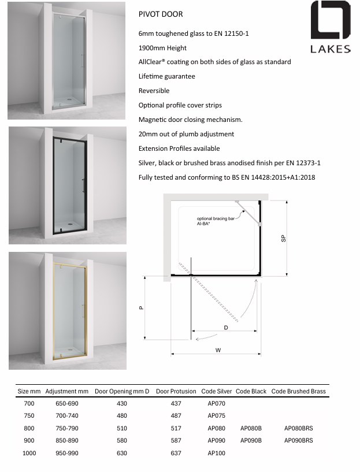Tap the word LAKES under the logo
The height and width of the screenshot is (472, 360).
coord(331,49)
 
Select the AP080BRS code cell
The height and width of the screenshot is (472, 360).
coord(298,428)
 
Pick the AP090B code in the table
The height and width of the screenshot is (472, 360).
coord(251,440)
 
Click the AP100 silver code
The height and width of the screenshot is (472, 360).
coord(216,453)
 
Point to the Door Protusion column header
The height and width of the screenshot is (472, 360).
coord(176,391)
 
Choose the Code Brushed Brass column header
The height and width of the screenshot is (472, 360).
coord(298,391)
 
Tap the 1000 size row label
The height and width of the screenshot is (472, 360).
coord(29,453)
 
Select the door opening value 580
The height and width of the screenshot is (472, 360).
coord(122,440)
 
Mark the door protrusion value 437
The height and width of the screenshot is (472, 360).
coord(176,403)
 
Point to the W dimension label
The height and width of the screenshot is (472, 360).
coord(218,350)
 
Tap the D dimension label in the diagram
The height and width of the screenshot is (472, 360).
coord(226,327)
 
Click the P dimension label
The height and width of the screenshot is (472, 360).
coord(142,308)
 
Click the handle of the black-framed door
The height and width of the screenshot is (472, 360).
coord(83,185)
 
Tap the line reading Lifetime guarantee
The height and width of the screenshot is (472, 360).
coord(166,76)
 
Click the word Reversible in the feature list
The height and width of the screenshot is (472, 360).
coord(154,91)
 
